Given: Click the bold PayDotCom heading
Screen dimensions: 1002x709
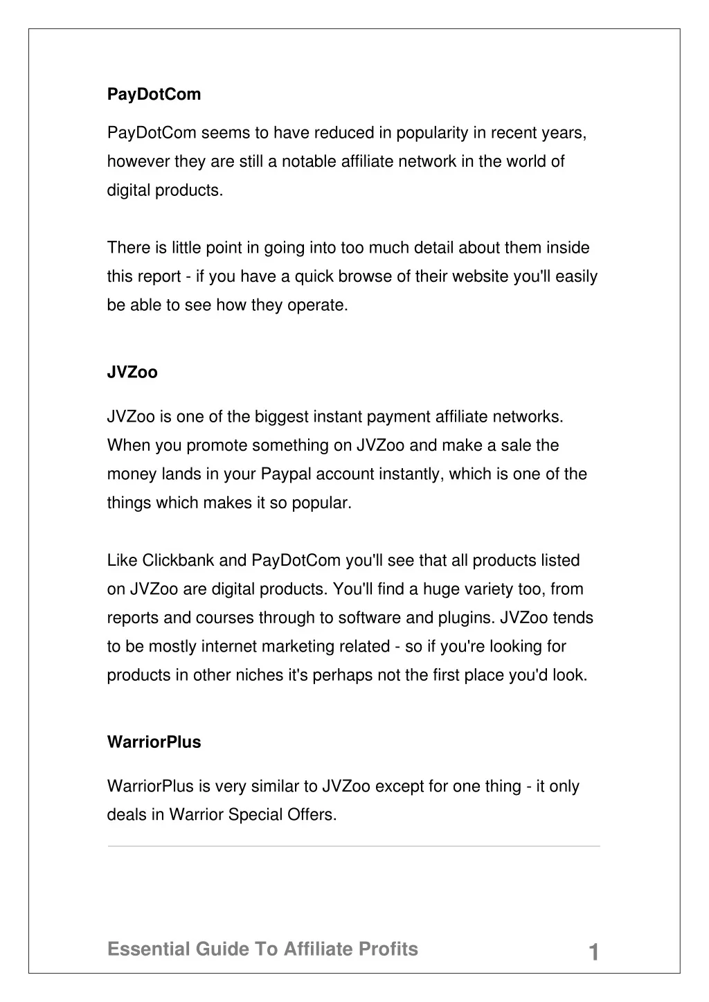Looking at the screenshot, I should point(154,95).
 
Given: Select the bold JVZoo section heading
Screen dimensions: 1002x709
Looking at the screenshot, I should point(132,373).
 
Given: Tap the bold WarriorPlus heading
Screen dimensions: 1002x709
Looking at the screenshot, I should point(154,742).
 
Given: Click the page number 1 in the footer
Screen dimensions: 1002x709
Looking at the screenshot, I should point(593,953).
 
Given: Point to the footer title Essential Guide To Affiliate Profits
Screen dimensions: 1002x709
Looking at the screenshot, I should point(262,949).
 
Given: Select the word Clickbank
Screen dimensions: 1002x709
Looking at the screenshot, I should point(179,560).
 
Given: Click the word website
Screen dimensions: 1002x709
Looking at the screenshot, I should point(482,277).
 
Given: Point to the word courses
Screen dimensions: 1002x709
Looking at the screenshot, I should point(225,618).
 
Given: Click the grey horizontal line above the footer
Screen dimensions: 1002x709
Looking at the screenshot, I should point(354,846).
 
